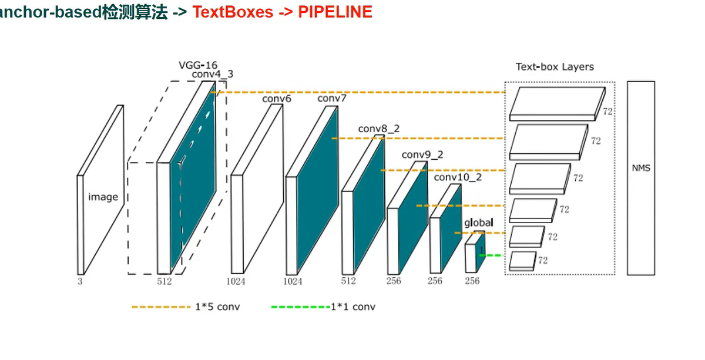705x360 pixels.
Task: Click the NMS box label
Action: pyautogui.click(x=641, y=169)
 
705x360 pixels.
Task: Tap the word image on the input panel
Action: pyautogui.click(x=103, y=197)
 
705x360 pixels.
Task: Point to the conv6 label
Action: pyautogui.click(x=277, y=99)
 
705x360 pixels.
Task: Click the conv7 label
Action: pyautogui.click(x=332, y=98)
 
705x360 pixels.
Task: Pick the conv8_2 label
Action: pyautogui.click(x=379, y=129)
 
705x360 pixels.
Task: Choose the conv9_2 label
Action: pyautogui.click(x=422, y=155)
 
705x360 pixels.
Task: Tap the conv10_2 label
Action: pyautogui.click(x=458, y=177)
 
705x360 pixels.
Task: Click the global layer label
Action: pyautogui.click(x=479, y=223)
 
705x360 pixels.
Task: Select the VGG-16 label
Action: pyautogui.click(x=197, y=65)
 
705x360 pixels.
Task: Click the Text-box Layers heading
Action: pyautogui.click(x=555, y=67)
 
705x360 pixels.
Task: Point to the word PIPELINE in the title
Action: pyautogui.click(x=335, y=12)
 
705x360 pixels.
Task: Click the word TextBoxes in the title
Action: pyautogui.click(x=233, y=12)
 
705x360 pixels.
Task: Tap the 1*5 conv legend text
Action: pyautogui.click(x=217, y=307)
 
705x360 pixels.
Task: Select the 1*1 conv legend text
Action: pyautogui.click(x=353, y=307)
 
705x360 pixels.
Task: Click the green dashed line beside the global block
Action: pyautogui.click(x=493, y=255)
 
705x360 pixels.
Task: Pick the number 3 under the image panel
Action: pyautogui.click(x=80, y=281)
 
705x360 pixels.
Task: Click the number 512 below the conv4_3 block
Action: pyautogui.click(x=164, y=281)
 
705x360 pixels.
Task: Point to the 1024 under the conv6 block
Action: pyautogui.click(x=236, y=281)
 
